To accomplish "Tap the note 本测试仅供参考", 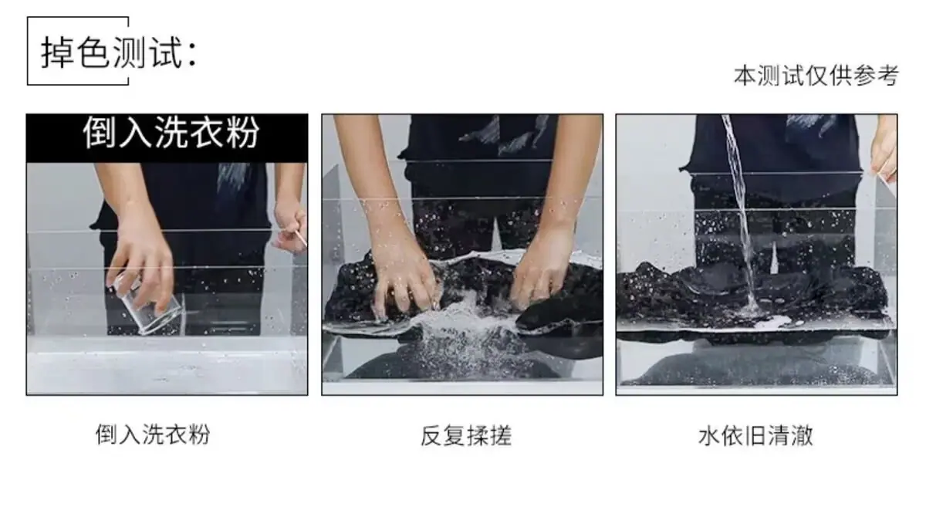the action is pyautogui.click(x=816, y=76).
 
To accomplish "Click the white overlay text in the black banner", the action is pyautogui.click(x=171, y=132).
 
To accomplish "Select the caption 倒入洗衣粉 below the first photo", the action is pyautogui.click(x=153, y=434).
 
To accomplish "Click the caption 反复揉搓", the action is pyautogui.click(x=466, y=435).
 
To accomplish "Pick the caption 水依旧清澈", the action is pyautogui.click(x=755, y=435).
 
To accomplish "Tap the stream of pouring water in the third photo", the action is pyautogui.click(x=742, y=215).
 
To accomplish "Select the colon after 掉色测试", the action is pyautogui.click(x=192, y=55).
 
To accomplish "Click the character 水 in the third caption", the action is pyautogui.click(x=709, y=435).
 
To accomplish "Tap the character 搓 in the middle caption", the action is pyautogui.click(x=501, y=435).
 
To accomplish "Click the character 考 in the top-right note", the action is pyautogui.click(x=887, y=76).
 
